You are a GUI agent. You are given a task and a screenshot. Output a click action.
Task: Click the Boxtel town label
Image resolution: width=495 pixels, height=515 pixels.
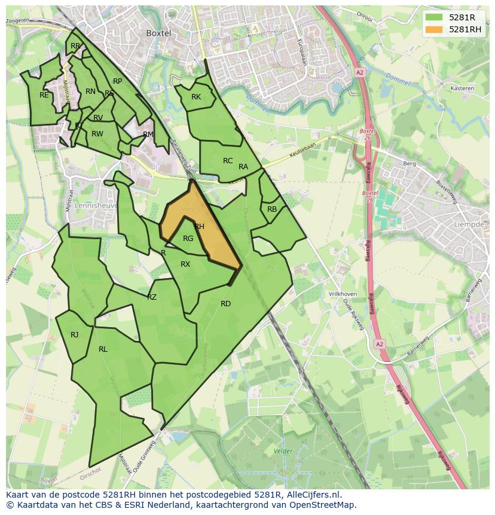(159, 33)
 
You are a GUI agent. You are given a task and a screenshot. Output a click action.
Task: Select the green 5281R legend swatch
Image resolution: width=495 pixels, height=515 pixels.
(435, 17)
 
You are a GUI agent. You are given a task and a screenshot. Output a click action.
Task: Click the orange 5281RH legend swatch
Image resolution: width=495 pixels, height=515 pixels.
(435, 29)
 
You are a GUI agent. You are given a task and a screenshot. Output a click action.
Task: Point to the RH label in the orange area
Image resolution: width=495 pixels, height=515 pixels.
(199, 227)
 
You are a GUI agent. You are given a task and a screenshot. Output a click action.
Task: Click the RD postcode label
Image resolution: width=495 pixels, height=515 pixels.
(225, 304)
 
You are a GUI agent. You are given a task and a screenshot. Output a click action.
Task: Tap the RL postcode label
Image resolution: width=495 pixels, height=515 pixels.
(103, 349)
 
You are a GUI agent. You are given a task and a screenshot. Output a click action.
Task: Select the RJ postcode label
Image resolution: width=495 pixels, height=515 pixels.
(74, 335)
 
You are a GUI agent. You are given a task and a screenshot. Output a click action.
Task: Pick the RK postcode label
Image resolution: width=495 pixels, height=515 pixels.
(196, 97)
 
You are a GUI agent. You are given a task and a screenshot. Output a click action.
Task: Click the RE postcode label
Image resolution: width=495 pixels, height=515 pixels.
(44, 95)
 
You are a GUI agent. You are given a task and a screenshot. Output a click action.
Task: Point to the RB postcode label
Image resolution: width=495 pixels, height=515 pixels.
(272, 209)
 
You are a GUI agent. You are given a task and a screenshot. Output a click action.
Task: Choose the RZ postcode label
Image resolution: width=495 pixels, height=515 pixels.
(152, 297)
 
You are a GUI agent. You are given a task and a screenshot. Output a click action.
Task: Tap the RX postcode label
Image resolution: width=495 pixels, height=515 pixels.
(185, 264)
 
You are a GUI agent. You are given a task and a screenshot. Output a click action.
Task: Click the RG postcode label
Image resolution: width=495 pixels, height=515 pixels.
(188, 239)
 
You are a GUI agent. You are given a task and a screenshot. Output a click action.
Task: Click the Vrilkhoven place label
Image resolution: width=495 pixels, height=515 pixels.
(343, 294)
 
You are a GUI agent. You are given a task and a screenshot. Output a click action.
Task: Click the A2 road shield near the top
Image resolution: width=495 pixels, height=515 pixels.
(359, 72)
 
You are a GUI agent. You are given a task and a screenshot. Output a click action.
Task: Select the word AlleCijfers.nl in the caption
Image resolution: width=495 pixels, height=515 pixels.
(313, 495)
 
